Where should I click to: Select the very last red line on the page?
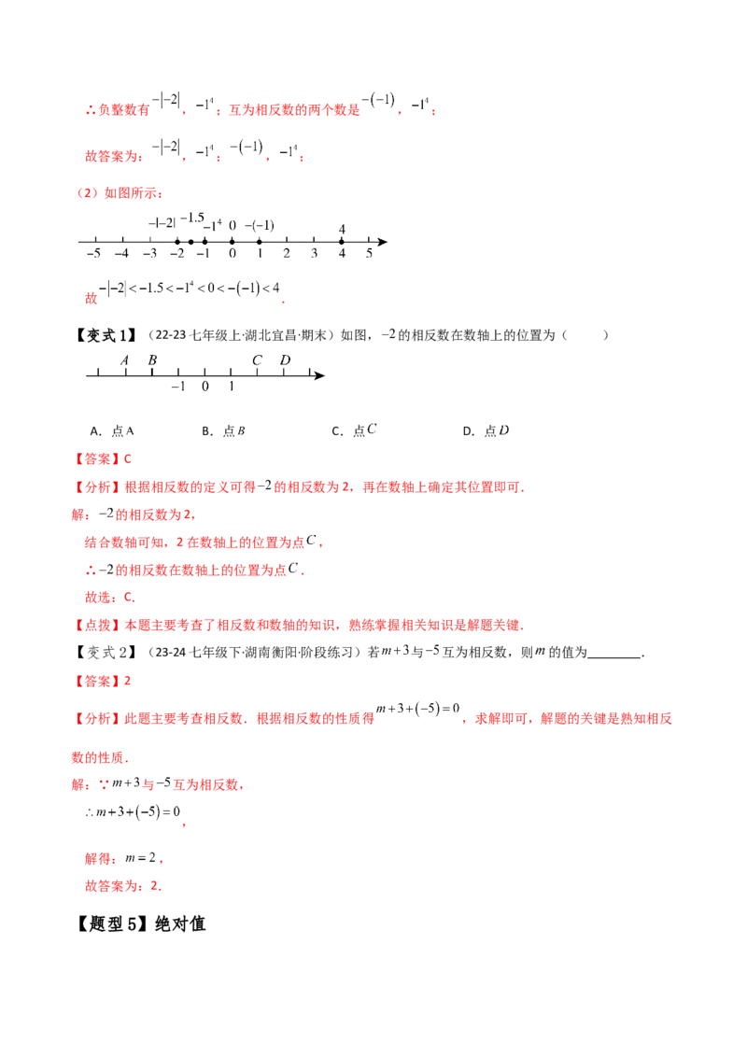coord(122,883)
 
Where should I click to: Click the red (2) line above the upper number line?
coord(120,193)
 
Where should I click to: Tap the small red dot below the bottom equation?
coord(183,825)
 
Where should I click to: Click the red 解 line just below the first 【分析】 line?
coord(140,514)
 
